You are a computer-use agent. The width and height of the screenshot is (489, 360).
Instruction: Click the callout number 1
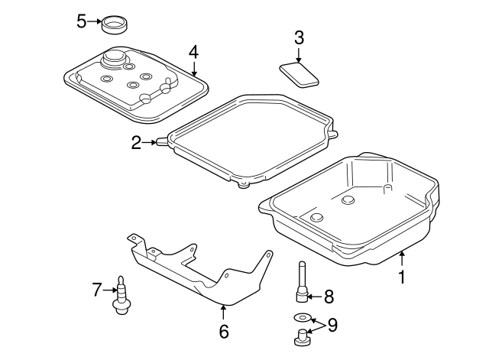click(401, 277)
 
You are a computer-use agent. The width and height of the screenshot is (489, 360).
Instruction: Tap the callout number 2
click(136, 142)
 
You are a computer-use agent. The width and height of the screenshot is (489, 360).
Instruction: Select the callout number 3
click(299, 37)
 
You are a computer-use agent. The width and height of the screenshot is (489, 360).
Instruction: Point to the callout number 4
click(193, 52)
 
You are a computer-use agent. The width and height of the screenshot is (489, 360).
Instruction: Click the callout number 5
click(82, 21)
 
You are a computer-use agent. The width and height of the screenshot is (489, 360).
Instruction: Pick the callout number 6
click(223, 332)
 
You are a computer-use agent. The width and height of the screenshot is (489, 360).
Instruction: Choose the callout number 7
click(97, 289)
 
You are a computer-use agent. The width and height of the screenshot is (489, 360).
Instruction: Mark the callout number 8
click(329, 295)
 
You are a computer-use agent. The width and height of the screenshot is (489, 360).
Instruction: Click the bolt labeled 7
click(120, 295)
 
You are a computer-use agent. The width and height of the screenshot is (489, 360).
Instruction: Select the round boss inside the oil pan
click(348, 200)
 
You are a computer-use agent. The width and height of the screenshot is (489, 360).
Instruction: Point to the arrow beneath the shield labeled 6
click(223, 312)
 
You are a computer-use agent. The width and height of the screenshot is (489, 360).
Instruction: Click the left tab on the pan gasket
click(160, 141)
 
